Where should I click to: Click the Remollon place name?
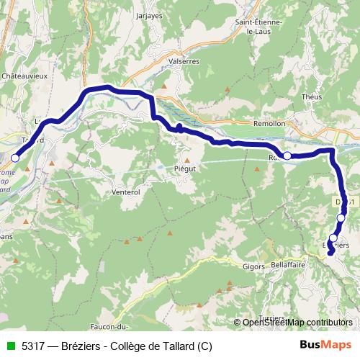click(270, 123)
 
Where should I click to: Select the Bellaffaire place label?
click(289, 265)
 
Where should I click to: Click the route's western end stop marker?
click(15, 158)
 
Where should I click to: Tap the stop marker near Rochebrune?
click(287, 156)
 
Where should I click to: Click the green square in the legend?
click(10, 346)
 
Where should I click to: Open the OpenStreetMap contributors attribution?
click(292, 322)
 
